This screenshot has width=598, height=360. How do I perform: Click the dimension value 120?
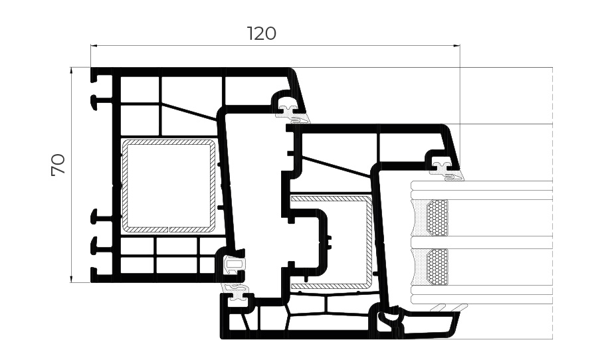(262, 34)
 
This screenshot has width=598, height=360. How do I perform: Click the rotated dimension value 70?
(58, 165)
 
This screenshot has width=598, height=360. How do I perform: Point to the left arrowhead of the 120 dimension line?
(94, 46)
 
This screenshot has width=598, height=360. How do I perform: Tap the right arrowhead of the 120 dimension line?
(456, 46)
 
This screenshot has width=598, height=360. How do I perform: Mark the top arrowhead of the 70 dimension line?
(71, 71)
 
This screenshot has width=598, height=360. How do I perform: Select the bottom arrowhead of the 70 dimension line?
(71, 279)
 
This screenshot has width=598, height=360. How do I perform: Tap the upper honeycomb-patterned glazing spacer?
(437, 218)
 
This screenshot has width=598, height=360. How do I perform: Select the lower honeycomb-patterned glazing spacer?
(437, 266)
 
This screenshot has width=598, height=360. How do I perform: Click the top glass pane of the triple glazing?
(482, 191)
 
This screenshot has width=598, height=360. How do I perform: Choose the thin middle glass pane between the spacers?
(482, 242)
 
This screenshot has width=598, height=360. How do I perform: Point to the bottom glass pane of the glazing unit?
(482, 294)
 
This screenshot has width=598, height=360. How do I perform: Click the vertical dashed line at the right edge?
(553, 203)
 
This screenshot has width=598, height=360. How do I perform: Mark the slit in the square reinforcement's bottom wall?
(168, 230)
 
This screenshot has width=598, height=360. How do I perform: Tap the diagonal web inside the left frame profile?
(189, 112)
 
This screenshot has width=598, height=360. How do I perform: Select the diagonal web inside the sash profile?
(336, 166)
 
